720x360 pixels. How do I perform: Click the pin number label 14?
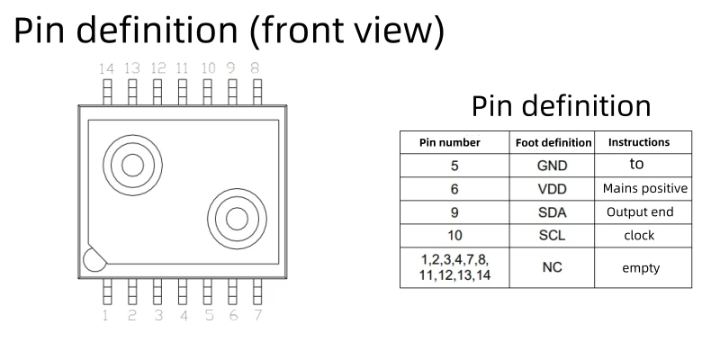pos(107,67)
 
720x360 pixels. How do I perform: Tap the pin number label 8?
pos(256,67)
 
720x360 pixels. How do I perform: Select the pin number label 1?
pos(105,316)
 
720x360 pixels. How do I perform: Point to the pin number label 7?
pos(258,316)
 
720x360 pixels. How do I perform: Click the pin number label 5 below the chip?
pos(208,316)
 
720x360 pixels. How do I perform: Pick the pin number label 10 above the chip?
pos(208,67)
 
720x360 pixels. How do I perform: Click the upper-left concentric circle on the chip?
pos(132,164)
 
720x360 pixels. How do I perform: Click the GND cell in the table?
pos(553,166)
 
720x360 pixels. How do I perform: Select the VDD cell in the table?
pos(553,189)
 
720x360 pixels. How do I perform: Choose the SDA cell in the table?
pos(553,212)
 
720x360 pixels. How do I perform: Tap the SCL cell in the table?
pos(553,236)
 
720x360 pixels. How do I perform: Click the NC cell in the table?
pos(553,267)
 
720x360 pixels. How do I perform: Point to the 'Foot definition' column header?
pos(553,142)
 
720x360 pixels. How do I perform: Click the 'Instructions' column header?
pos(639,142)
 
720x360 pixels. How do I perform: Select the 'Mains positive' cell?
pos(644,189)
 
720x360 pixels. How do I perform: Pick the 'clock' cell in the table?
pos(639,236)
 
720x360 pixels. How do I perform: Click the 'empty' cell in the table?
pos(640,267)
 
